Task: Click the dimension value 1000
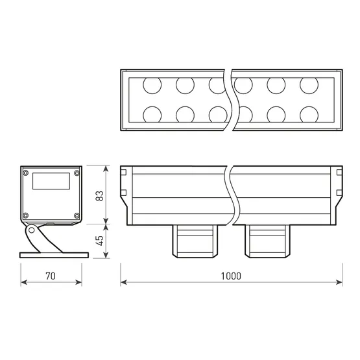[x=230, y=275]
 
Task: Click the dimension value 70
[x=51, y=275]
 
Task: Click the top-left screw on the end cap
[x=26, y=173]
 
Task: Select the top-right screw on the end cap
[x=77, y=173]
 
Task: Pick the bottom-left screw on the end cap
[x=26, y=216]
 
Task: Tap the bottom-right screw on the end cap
[x=77, y=216]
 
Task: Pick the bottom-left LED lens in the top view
[x=152, y=115]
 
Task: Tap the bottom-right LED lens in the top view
[x=309, y=115]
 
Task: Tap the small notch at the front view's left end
[x=123, y=173]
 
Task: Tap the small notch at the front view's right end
[x=338, y=173]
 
